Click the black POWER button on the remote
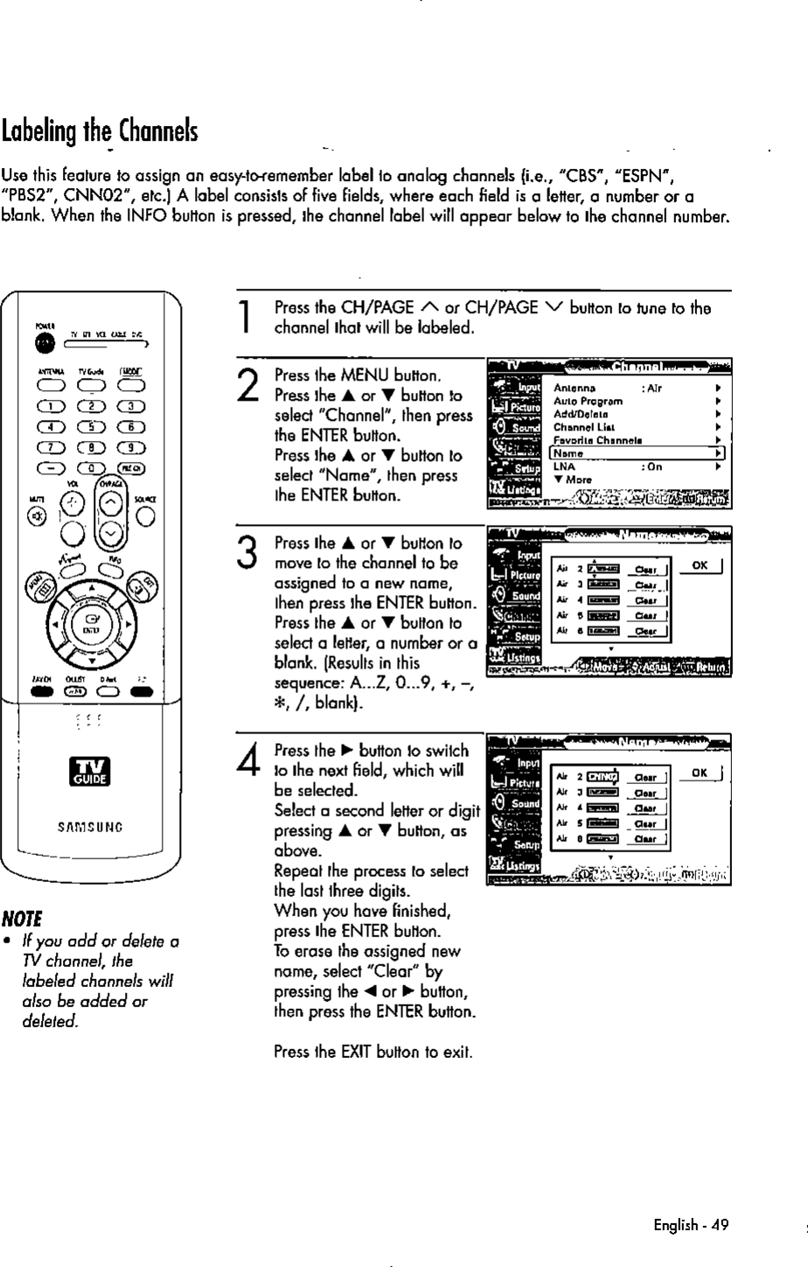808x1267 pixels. [41, 342]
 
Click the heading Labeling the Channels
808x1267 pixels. [100, 133]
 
